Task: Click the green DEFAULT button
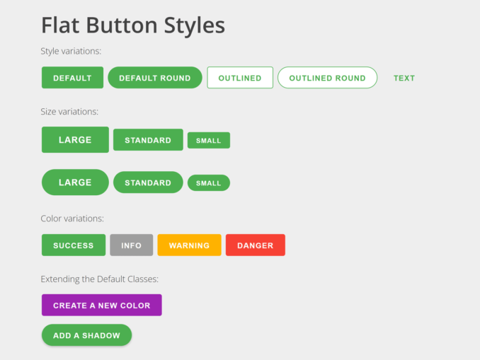point(72,78)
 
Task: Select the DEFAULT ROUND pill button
point(155,78)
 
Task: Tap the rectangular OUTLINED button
point(240,78)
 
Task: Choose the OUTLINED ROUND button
point(328,78)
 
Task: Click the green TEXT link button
point(404,78)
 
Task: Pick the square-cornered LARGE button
point(75,140)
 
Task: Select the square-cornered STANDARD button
point(148,140)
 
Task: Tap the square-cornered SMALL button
point(209,140)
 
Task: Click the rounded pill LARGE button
point(75,182)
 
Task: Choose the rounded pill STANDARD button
point(148,182)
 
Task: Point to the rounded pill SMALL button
point(209,183)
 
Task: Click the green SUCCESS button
point(74,245)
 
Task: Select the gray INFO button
point(131,245)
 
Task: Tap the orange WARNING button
point(189,245)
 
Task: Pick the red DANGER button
point(256,245)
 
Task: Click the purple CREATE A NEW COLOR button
point(102,306)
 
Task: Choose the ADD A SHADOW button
point(86,335)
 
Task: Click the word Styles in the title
point(195,25)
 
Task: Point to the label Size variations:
point(69,112)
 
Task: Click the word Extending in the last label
point(59,279)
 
